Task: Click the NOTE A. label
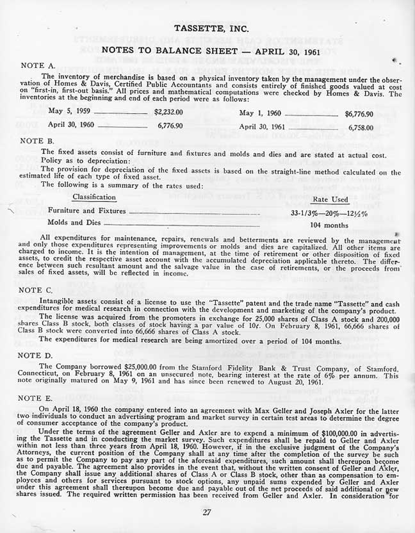38,65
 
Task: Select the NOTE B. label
38,139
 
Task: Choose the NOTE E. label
38,398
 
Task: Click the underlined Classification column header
94,197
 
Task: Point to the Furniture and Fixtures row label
87,210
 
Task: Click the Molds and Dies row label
74,222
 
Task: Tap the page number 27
206,511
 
